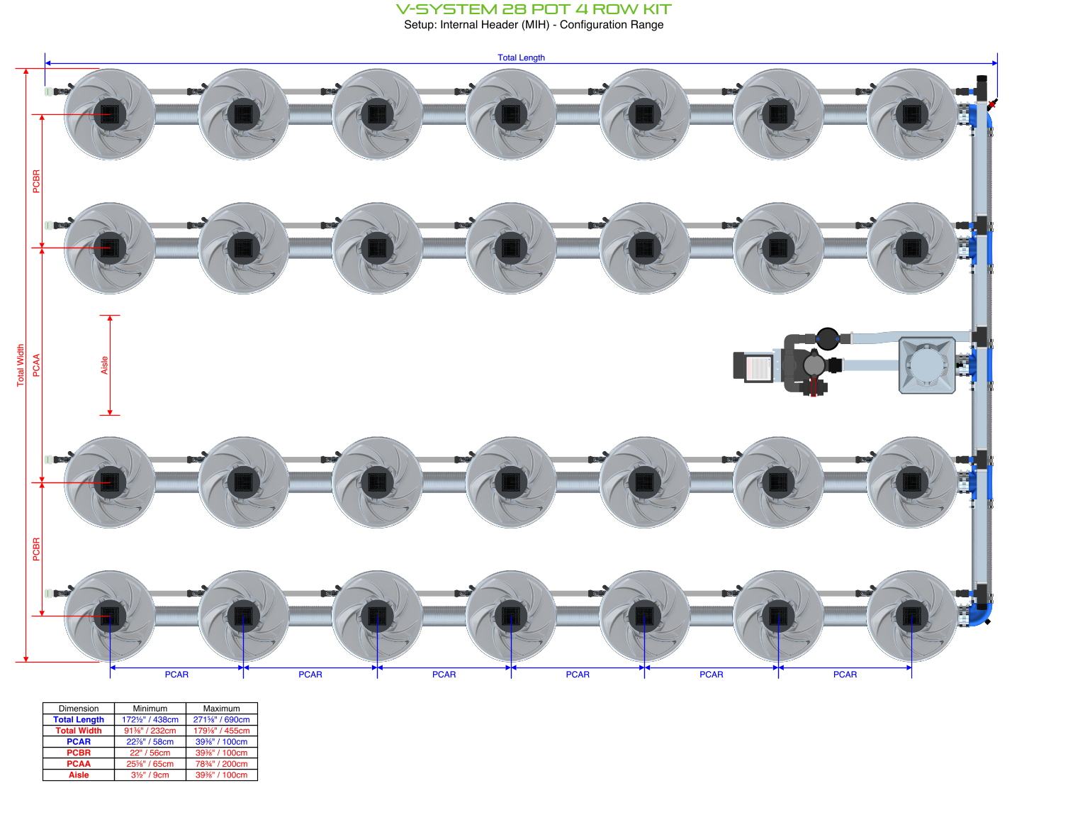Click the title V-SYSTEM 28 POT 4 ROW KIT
(x=533, y=9)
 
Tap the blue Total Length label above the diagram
(x=521, y=57)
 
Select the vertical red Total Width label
(x=21, y=365)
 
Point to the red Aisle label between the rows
(x=104, y=365)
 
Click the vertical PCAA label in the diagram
(x=37, y=365)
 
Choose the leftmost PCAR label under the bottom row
(x=176, y=675)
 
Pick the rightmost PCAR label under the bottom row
(x=845, y=675)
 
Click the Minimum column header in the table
(x=150, y=709)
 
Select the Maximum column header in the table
(x=221, y=709)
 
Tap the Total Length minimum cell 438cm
(x=150, y=719)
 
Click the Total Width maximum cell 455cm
(x=221, y=731)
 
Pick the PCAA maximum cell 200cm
(x=221, y=764)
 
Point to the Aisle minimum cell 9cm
(x=150, y=775)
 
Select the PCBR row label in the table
(x=79, y=753)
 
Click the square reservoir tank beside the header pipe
(x=927, y=365)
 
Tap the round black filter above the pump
(x=827, y=338)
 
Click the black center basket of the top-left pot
(x=110, y=113)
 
